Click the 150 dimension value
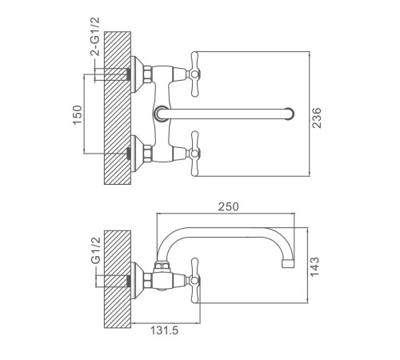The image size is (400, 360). [78, 114]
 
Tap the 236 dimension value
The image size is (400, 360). [317, 118]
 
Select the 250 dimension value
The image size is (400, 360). [229, 206]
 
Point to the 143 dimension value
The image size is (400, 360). [314, 266]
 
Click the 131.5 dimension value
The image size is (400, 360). [164, 330]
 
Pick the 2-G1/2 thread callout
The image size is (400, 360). [95, 37]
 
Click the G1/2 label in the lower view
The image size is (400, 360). [96, 250]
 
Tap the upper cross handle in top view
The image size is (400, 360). [195, 74]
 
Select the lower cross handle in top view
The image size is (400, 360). [195, 154]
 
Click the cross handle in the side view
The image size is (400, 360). [195, 281]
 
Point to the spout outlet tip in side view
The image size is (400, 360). [288, 264]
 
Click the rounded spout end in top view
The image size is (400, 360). [289, 114]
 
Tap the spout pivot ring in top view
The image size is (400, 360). [161, 114]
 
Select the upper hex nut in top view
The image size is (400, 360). [147, 74]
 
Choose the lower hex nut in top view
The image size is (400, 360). [147, 154]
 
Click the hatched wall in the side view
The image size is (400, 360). [118, 279]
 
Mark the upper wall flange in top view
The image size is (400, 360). [138, 74]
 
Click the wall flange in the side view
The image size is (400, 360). [138, 281]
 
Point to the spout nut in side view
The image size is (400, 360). [162, 265]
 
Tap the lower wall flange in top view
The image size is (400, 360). [138, 154]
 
